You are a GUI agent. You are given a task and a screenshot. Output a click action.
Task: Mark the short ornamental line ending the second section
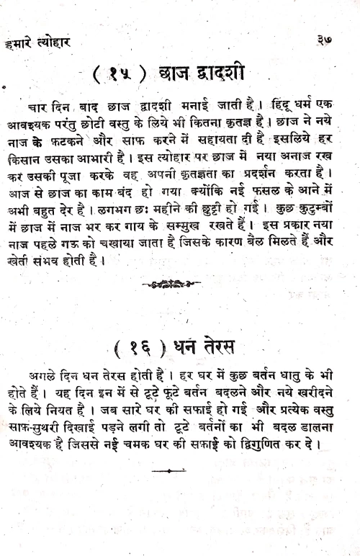pyautogui.click(x=169, y=472)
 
